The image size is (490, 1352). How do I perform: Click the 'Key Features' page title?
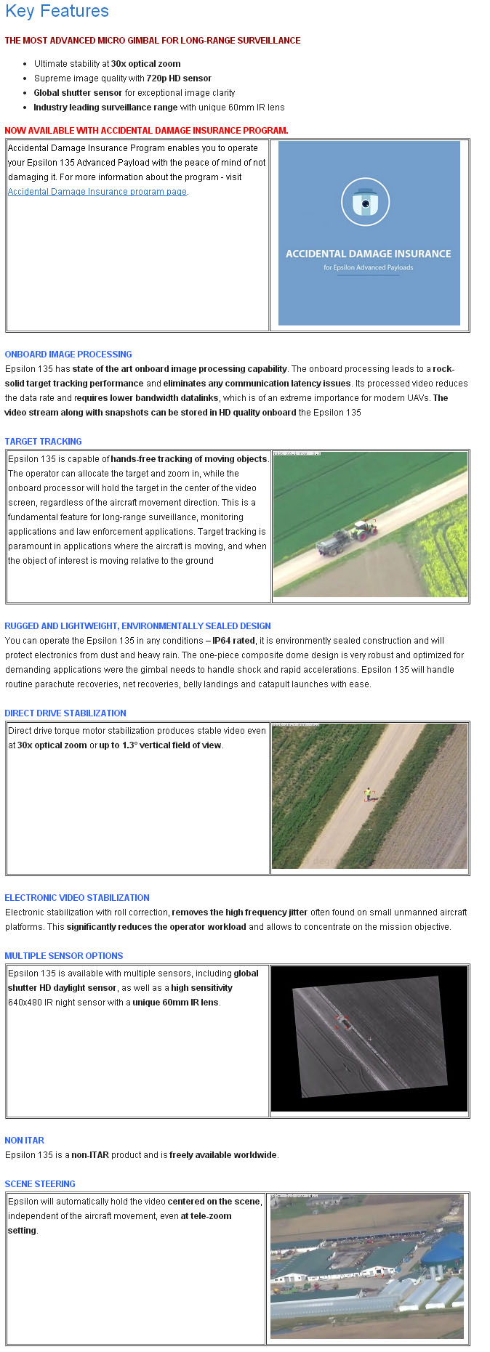57,12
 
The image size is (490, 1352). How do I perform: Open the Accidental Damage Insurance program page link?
97,192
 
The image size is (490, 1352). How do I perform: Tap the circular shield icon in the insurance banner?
366,203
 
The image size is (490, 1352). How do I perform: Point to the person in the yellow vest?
368,793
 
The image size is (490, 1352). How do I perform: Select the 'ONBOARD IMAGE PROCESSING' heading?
68,355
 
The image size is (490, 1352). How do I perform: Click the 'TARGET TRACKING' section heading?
43,442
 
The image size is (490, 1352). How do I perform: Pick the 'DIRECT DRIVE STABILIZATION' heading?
65,713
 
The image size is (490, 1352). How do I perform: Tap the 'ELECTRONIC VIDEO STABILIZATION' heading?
77,898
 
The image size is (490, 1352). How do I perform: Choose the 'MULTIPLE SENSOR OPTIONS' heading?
64,956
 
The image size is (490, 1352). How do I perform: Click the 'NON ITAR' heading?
24,1141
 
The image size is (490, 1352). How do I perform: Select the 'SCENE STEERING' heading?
40,1184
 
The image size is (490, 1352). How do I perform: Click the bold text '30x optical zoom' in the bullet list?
145,64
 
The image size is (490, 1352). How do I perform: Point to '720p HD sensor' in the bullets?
179,78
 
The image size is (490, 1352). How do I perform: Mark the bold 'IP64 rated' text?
233,641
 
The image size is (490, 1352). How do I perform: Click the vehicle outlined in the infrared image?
342,1023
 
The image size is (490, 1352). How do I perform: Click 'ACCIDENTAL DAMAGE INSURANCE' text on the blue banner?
368,254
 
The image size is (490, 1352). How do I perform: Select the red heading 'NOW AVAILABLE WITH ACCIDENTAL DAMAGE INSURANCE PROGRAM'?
146,131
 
